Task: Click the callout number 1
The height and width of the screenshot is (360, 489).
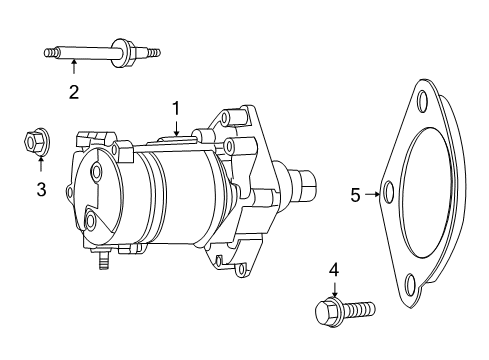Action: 176,109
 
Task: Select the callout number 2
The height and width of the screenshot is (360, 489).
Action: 74,92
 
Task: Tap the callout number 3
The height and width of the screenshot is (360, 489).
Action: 41,190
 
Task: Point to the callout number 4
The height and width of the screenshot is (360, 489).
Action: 334,270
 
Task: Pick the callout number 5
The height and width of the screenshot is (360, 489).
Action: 355,195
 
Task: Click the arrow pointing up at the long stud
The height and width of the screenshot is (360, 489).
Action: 74,66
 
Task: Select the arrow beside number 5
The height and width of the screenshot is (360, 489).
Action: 373,194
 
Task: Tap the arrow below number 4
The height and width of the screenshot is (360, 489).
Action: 334,289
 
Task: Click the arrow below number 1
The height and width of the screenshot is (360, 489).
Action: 176,127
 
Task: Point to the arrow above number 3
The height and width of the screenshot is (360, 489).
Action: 41,164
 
